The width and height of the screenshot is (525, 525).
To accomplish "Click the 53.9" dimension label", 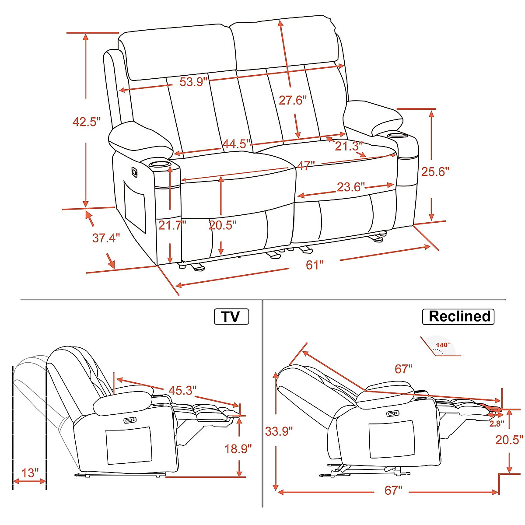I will pos(193,82).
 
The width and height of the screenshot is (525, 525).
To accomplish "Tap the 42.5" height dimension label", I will pos(86,122).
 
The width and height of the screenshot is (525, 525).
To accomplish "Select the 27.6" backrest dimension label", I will pos(293,100).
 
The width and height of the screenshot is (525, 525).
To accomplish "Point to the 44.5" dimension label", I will pos(237,144).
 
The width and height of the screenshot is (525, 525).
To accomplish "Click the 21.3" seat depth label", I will pos(349,146).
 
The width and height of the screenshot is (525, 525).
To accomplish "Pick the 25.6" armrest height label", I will pos(435,171).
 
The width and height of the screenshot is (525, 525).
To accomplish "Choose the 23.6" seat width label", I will pos(350,187).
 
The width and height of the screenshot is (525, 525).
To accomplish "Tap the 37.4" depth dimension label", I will pos(106,238).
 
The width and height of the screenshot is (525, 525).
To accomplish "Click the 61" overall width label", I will pos(315,265).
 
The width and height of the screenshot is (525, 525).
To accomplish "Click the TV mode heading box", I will pos(231,316).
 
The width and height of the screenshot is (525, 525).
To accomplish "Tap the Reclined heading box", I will pos(458,316).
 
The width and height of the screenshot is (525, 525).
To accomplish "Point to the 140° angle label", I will pos(442,345).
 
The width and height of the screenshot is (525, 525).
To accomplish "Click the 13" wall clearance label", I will pos(30,473).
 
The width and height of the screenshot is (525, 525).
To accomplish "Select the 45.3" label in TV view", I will pos(182,390).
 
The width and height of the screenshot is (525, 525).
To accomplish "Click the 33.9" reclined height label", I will pos(279,431).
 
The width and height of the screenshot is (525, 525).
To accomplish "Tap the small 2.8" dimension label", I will pos(497,423).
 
